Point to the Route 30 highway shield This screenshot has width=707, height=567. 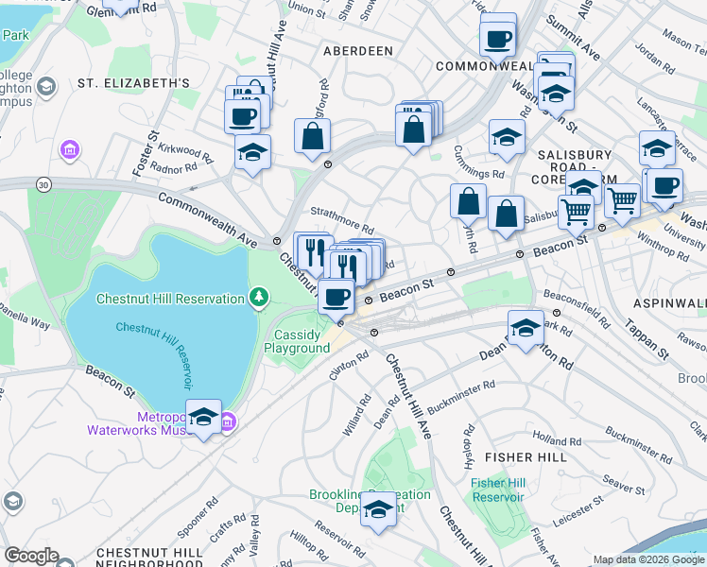pyautogui.click(x=43, y=184)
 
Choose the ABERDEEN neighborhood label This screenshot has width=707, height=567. pyautogui.click(x=357, y=50)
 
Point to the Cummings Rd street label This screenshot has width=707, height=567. pyautogui.click(x=479, y=174)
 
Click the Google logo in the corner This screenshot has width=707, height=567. pyautogui.click(x=30, y=556)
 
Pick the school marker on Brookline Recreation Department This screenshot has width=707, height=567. pyautogui.click(x=378, y=509)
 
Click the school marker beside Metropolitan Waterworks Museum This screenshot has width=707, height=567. pyautogui.click(x=203, y=417)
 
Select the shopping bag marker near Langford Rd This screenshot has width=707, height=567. pyautogui.click(x=312, y=137)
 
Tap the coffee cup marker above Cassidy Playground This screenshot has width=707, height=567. pyautogui.click(x=336, y=297)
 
